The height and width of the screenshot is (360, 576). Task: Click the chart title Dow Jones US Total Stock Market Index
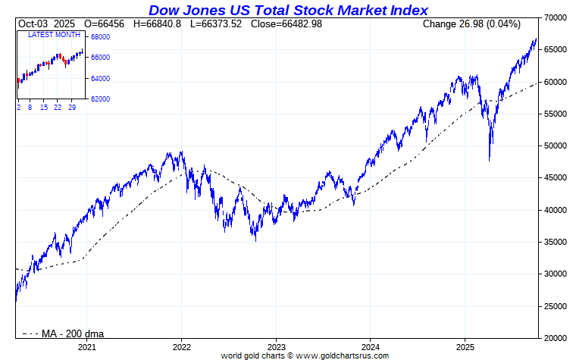coord(288,10)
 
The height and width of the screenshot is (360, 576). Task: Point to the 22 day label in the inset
coord(58,108)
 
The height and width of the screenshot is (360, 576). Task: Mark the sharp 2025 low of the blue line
coord(490,160)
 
